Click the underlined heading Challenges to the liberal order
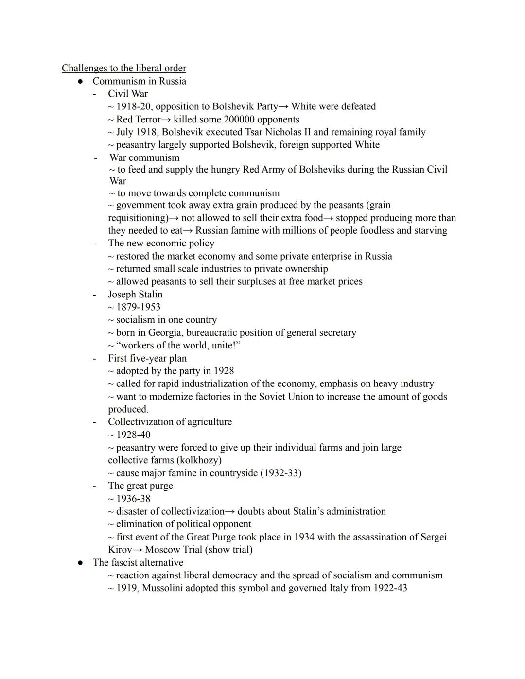tap(123, 68)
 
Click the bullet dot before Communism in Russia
tap(81, 82)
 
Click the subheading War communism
tap(144, 157)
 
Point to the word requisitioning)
tap(137, 218)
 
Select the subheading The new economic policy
tap(161, 244)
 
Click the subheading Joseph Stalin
tap(135, 295)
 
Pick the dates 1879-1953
tap(138, 307)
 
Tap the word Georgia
tap(165, 333)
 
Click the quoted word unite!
tap(226, 346)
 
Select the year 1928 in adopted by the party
tap(224, 371)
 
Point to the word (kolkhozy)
tap(199, 460)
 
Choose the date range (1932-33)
tap(281, 473)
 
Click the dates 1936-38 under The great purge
tap(133, 499)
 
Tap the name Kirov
tap(120, 550)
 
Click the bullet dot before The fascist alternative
tap(81, 563)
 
